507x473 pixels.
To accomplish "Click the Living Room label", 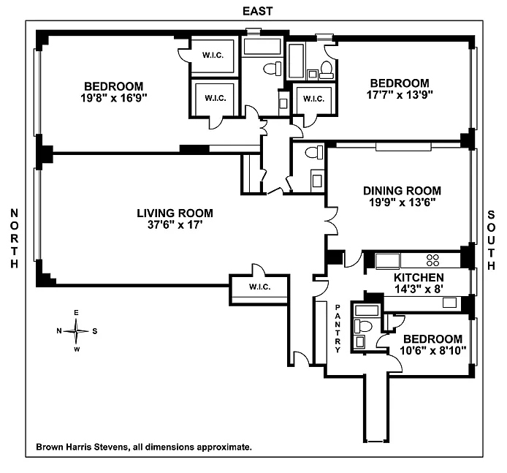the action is pos(175,213).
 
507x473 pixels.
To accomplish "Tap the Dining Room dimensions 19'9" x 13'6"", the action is pos(402,203).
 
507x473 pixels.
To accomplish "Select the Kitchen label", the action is pos(419,278).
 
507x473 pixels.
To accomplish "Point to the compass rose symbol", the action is pos(76,330).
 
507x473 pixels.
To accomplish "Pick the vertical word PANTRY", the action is pos(338,329).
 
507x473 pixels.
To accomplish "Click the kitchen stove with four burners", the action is pos(432,259).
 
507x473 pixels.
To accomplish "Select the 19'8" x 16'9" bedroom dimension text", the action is pos(113,97).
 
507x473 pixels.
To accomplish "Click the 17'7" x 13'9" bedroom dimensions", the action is pos(398,95).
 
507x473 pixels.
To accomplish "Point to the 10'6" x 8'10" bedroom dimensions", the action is pos(432,352).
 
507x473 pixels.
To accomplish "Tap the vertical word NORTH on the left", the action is pos(13,238).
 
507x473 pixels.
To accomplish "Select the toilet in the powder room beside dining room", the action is pos(314,154).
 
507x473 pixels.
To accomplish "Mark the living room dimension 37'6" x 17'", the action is pos(175,226).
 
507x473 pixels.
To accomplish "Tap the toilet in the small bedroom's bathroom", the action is pos(364,326).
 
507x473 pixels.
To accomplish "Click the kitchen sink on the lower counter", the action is pos(449,302).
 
